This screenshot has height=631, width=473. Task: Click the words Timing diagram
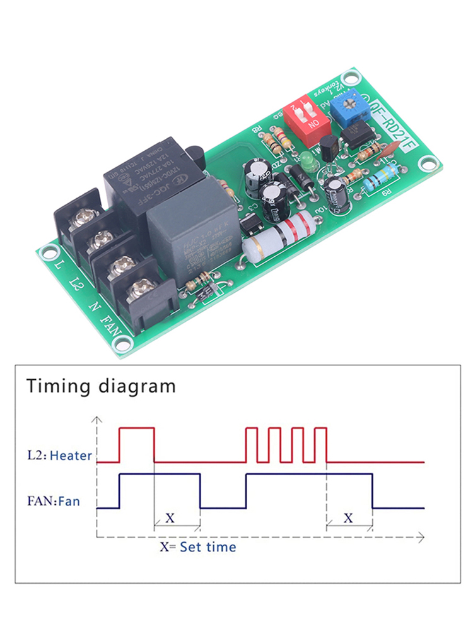[x=101, y=386]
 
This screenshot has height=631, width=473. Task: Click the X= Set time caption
[x=197, y=546]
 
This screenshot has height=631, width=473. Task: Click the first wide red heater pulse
[x=137, y=444]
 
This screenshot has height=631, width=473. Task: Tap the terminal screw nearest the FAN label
[x=140, y=292]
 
